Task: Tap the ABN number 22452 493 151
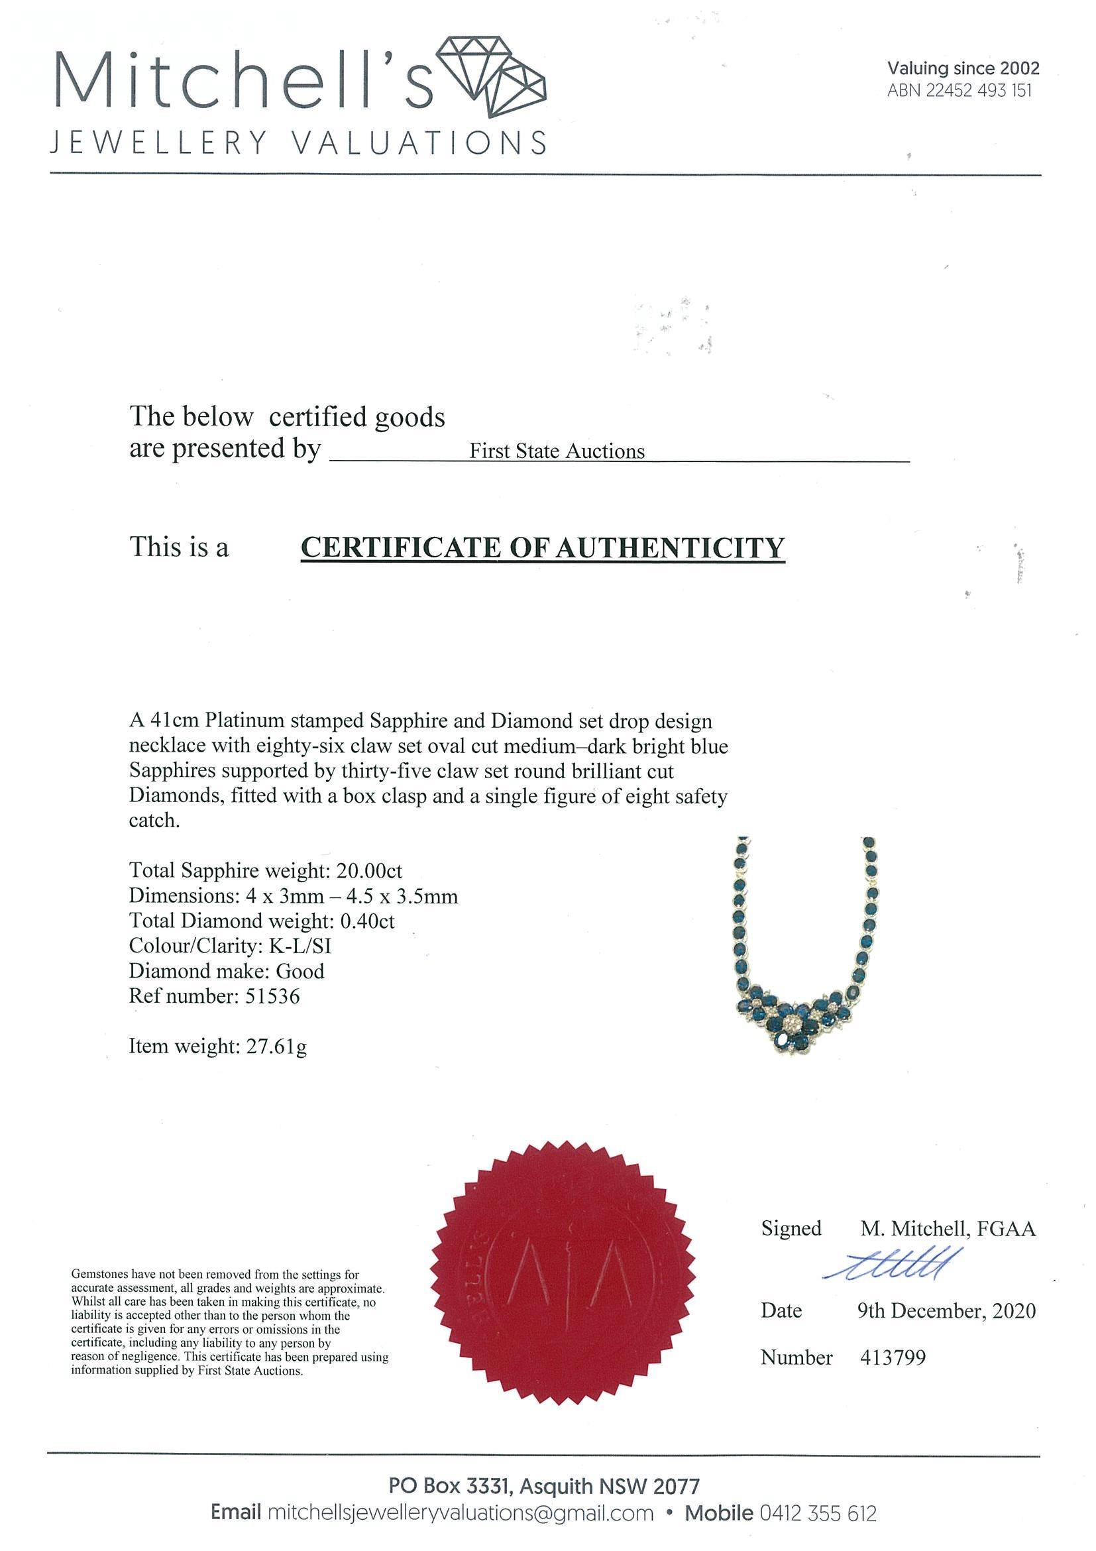959,91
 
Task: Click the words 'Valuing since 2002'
963,68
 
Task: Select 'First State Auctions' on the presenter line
557,451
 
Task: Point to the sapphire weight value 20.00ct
368,870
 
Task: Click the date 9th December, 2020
946,1311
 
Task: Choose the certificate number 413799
893,1357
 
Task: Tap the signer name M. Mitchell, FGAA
948,1229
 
